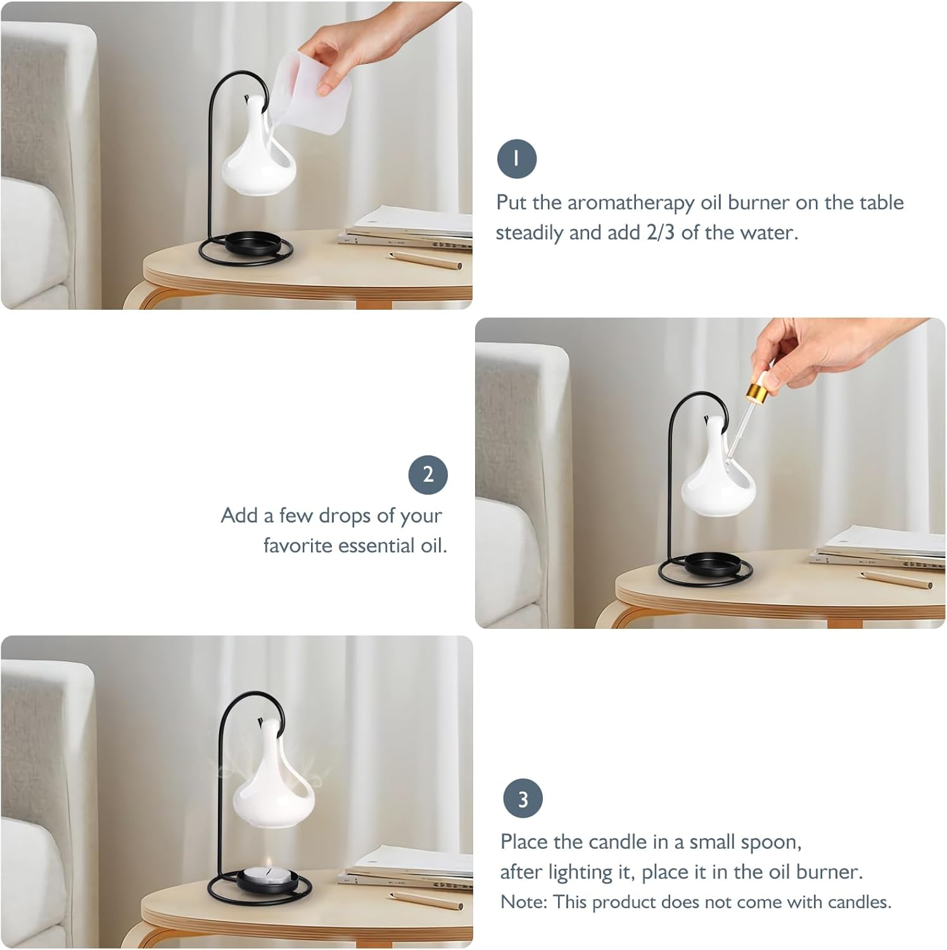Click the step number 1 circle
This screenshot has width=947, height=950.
[x=516, y=158]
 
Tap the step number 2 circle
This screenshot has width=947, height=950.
[x=428, y=475]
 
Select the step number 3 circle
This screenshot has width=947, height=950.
[x=523, y=799]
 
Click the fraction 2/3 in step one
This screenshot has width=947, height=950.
[x=660, y=232]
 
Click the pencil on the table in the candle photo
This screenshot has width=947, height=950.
[x=426, y=900]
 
